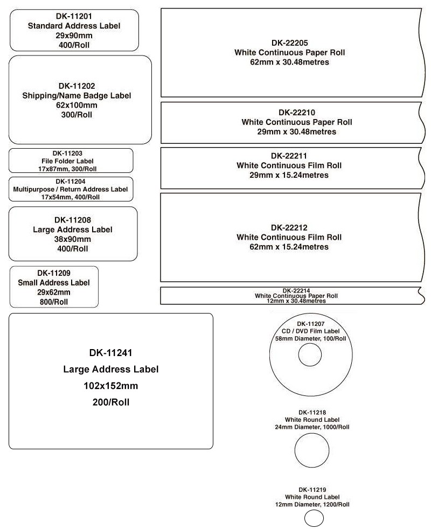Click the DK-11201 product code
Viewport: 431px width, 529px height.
pyautogui.click(x=74, y=16)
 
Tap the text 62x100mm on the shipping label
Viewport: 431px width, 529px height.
pyautogui.click(x=79, y=105)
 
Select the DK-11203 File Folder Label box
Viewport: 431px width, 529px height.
pyautogui.click(x=71, y=161)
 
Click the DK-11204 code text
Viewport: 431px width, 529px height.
pyautogui.click(x=71, y=182)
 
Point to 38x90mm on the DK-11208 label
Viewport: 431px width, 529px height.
pyautogui.click(x=72, y=239)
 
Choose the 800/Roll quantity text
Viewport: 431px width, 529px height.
pyautogui.click(x=54, y=302)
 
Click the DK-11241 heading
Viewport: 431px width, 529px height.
pyautogui.click(x=110, y=353)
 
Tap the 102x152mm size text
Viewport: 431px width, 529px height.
pyautogui.click(x=110, y=386)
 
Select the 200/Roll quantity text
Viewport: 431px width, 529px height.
pyautogui.click(x=110, y=402)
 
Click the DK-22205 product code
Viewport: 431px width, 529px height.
pyautogui.click(x=289, y=43)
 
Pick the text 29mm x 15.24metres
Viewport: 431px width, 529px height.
pyautogui.click(x=289, y=175)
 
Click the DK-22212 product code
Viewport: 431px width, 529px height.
pyautogui.click(x=289, y=227)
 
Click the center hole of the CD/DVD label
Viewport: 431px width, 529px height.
pyautogui.click(x=310, y=356)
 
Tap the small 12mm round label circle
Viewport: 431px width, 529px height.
pyautogui.click(x=314, y=519)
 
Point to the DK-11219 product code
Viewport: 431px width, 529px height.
pyautogui.click(x=313, y=490)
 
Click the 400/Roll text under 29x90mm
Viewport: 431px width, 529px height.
pyautogui.click(x=74, y=45)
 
